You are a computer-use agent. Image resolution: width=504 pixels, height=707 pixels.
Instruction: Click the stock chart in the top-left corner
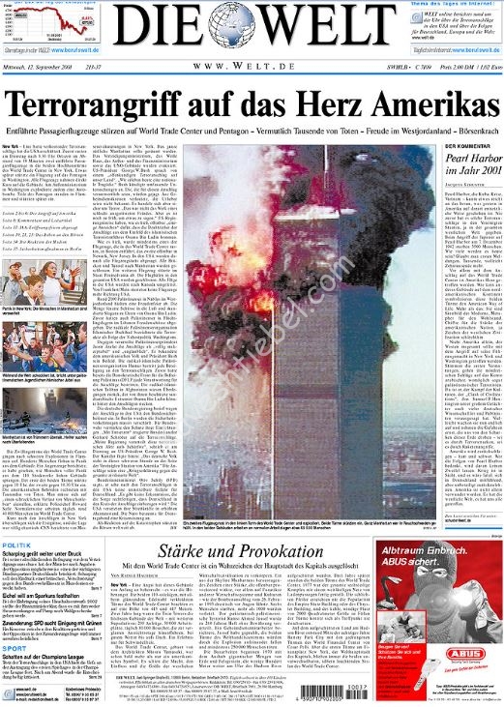pos(39,20)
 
